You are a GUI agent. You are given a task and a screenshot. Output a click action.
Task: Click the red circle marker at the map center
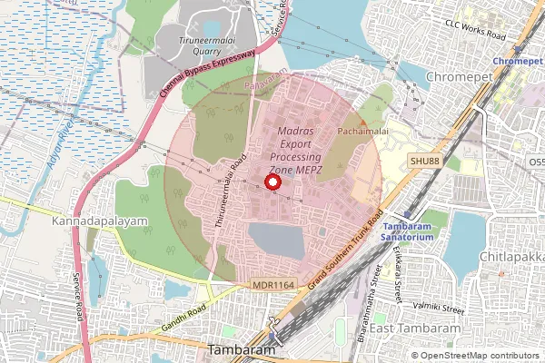[x=272, y=181]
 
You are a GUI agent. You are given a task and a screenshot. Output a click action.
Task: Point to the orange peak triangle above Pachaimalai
[x=363, y=121]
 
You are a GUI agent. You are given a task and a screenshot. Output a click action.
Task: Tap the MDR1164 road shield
[x=273, y=285]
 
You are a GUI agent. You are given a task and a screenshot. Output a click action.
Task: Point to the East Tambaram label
[x=415, y=328]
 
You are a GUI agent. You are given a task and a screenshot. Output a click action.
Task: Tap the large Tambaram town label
[x=241, y=350]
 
